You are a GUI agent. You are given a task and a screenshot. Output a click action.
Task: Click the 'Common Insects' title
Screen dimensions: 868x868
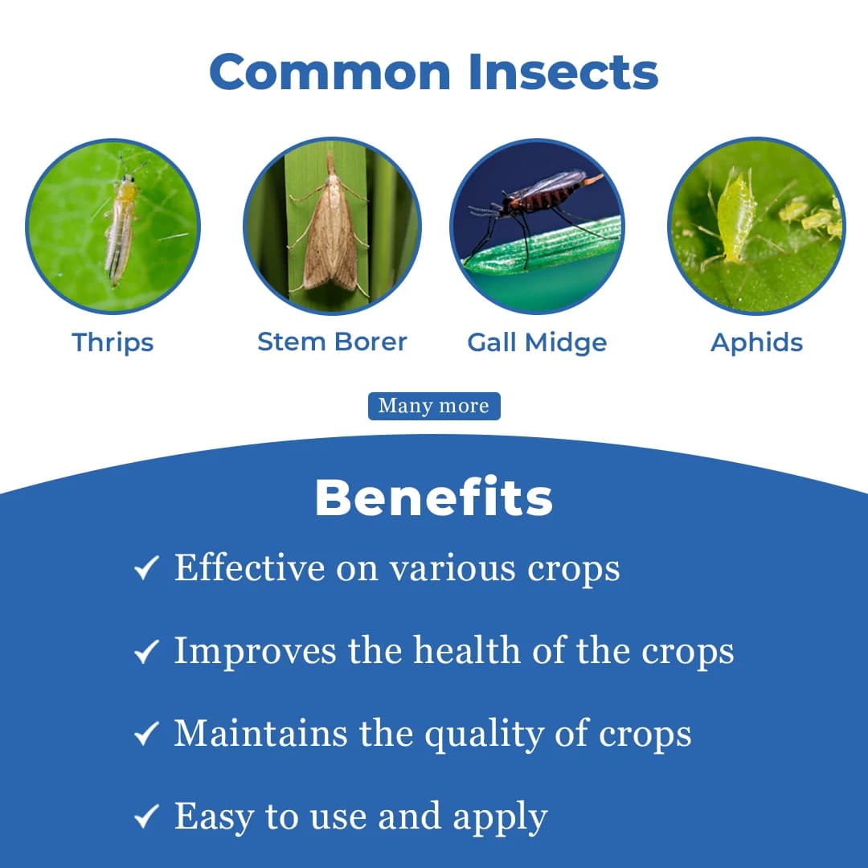(x=434, y=72)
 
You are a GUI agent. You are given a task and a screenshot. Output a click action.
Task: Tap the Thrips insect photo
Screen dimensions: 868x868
(x=113, y=226)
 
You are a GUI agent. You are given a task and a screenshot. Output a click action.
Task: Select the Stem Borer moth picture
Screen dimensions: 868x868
(x=332, y=226)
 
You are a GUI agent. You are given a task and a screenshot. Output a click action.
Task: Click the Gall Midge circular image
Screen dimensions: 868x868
(x=537, y=226)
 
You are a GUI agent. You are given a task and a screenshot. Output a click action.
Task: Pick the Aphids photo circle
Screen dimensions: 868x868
(x=756, y=226)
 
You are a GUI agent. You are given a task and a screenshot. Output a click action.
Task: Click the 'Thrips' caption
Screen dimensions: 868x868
(x=113, y=342)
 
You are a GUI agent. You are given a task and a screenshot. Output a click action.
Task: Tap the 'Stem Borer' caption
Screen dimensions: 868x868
(x=332, y=342)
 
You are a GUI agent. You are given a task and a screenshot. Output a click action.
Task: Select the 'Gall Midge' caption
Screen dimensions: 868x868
(x=537, y=342)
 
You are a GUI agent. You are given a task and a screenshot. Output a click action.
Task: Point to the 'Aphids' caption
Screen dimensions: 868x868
(x=756, y=342)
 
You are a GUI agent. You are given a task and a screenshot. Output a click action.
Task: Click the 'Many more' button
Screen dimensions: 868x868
(x=434, y=406)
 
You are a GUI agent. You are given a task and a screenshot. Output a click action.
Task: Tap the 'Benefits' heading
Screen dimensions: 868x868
(x=434, y=498)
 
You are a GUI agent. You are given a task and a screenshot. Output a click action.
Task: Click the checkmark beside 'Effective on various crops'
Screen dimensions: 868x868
(x=145, y=570)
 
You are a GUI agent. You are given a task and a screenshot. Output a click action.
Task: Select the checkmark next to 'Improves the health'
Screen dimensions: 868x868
(x=145, y=653)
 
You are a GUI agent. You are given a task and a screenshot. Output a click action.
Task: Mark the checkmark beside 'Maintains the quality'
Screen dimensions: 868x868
(x=145, y=735)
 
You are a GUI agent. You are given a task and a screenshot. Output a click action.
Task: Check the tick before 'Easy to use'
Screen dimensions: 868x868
(x=145, y=818)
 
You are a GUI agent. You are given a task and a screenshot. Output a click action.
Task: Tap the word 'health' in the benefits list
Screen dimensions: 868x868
(x=466, y=650)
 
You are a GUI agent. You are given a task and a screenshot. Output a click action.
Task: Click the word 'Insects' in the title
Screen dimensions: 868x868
(x=563, y=72)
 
